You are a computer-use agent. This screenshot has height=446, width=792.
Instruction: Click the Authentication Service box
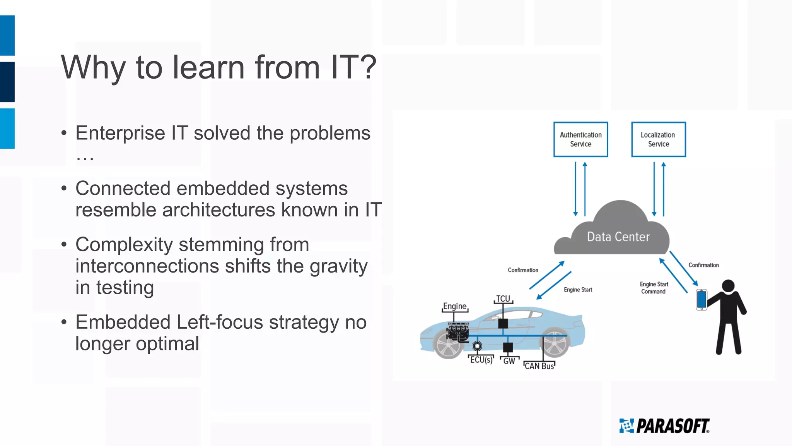coord(580,139)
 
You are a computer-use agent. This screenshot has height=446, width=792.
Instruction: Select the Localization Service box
coord(658,139)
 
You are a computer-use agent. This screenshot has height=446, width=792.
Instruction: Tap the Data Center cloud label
coord(618,237)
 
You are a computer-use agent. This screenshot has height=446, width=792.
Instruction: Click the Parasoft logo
coord(664,426)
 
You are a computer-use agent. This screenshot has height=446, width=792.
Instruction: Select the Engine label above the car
coord(455,306)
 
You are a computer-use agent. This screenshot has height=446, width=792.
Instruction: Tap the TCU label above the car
coord(503,299)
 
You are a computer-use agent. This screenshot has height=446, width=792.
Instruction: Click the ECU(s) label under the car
coord(481,360)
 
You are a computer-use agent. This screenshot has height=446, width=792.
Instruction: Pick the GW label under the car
coord(509,361)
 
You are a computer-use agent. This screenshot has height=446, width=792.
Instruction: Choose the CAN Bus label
coord(539,366)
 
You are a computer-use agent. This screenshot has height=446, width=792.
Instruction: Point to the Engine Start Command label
coord(654,288)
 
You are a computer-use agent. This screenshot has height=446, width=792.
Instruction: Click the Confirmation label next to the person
coord(703,265)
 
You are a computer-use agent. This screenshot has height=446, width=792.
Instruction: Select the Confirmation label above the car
coord(523,270)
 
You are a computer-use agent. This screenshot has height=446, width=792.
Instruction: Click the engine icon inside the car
coord(458,332)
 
